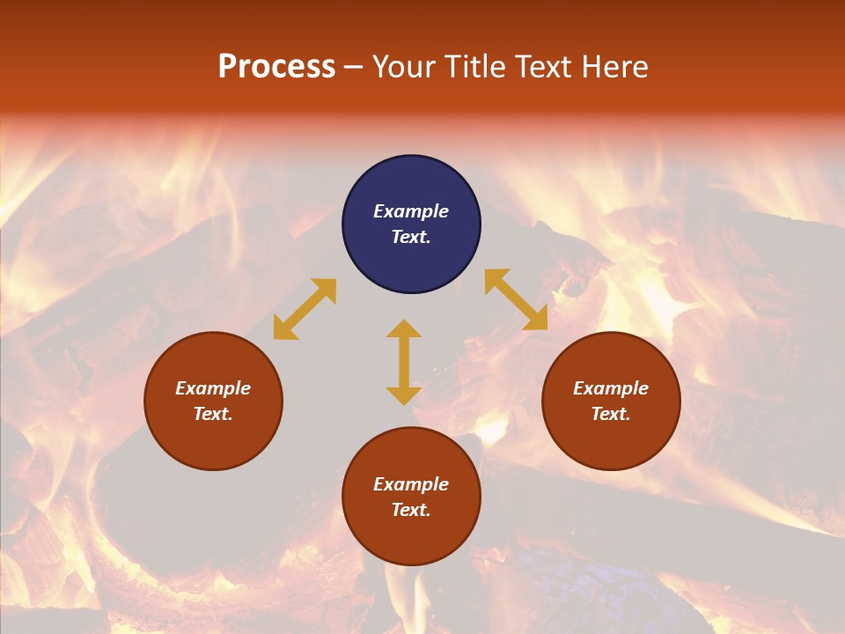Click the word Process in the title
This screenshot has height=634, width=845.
click(276, 67)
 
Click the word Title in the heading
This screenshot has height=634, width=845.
click(474, 67)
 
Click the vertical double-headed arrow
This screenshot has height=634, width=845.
click(404, 362)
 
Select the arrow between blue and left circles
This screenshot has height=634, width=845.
click(305, 309)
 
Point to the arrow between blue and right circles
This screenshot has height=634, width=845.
click(516, 299)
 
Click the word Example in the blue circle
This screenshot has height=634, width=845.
click(411, 211)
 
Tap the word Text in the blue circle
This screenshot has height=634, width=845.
click(410, 237)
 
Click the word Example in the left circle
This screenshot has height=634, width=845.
click(213, 388)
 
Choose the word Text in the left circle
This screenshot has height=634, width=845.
click(212, 414)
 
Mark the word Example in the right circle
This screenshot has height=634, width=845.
click(611, 388)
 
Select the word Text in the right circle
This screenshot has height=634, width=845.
click(610, 414)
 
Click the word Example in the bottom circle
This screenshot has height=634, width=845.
click(411, 484)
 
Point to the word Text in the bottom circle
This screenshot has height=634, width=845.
click(410, 510)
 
